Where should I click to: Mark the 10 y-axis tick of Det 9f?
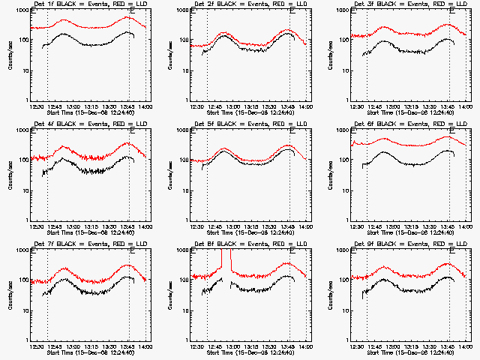coord(346,310)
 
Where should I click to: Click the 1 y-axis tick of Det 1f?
coord(28,100)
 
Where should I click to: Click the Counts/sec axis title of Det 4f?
coord(10,175)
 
